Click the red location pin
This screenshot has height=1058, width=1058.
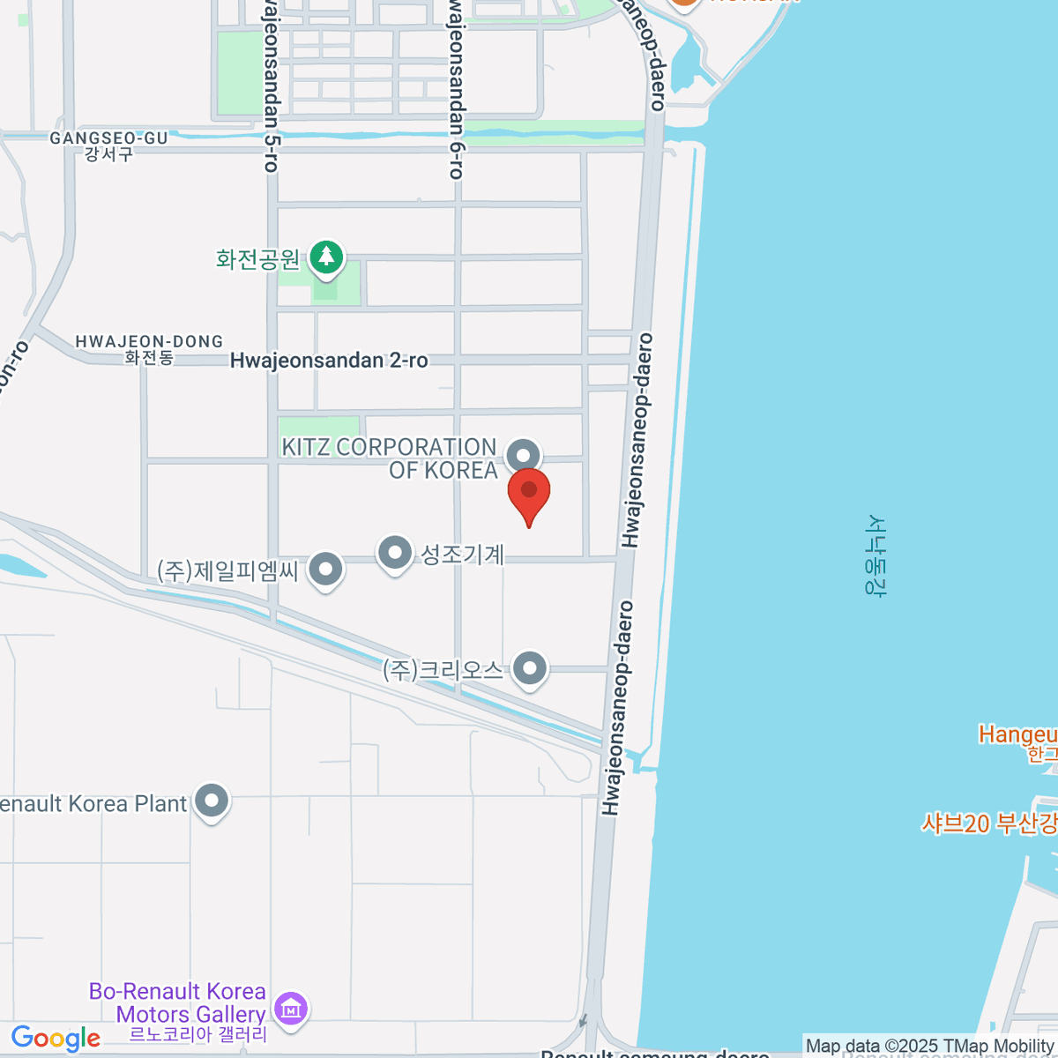tap(529, 494)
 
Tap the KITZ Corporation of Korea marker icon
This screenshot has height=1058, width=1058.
tap(524, 456)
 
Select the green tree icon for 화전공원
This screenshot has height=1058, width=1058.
tap(327, 257)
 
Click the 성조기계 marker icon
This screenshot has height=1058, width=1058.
tap(394, 554)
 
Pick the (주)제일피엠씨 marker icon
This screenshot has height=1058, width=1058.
tap(326, 570)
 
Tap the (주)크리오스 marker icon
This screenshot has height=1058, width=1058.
tap(529, 668)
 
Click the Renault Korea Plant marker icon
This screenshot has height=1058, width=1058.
tap(212, 802)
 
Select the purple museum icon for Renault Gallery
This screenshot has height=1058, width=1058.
tap(290, 1006)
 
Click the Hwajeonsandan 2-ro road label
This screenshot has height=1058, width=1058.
tap(329, 361)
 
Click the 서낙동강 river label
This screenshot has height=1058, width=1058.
tap(875, 555)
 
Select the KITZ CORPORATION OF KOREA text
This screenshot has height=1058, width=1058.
tap(389, 458)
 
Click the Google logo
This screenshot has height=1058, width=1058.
tap(56, 1039)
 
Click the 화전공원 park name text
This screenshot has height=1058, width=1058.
tap(258, 259)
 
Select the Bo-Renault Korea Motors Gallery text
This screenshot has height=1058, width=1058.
tap(178, 1003)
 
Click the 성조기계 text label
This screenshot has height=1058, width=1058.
tap(463, 555)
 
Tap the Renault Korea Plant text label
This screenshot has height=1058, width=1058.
tap(93, 804)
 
